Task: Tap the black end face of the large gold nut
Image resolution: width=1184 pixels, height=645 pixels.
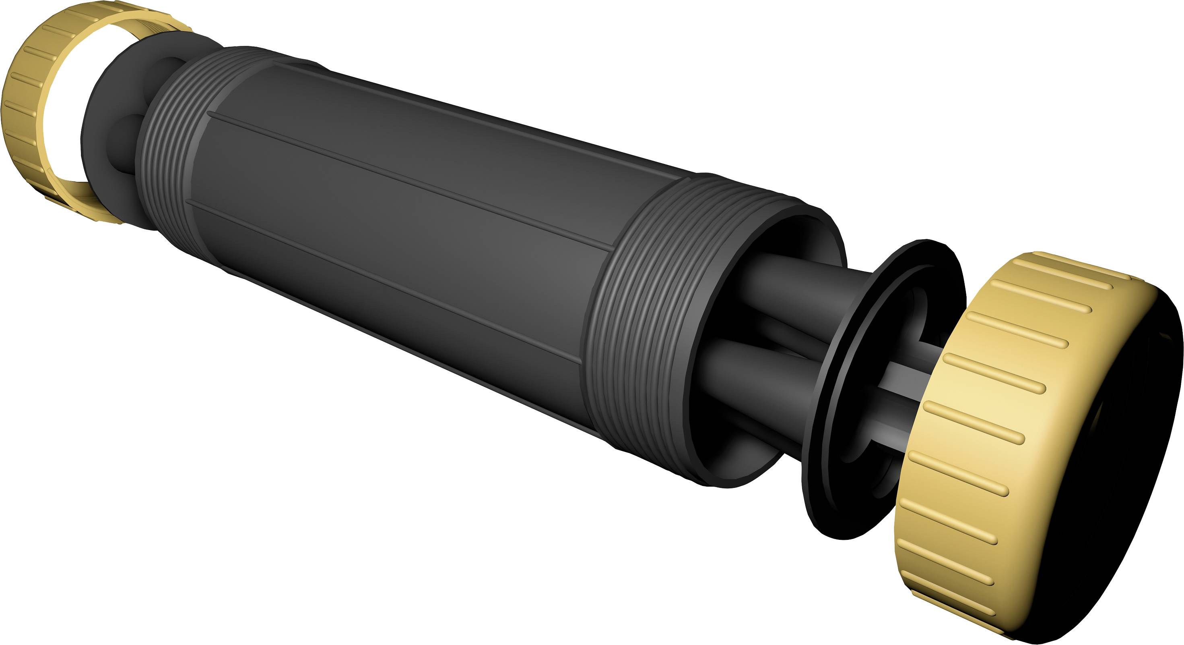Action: click(1112, 460)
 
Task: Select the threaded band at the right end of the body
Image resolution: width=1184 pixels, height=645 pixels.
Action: click(644, 322)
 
